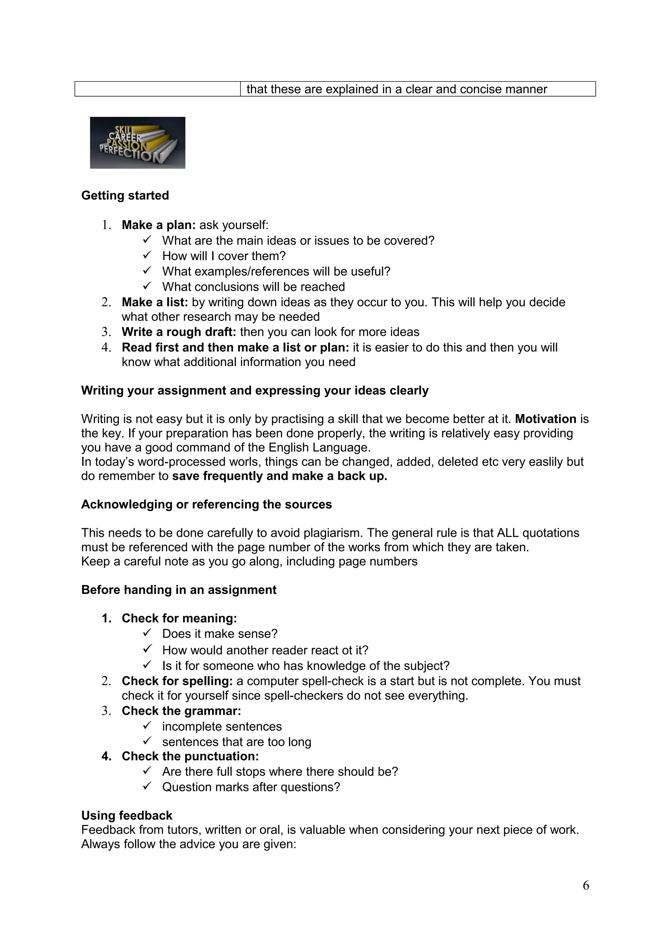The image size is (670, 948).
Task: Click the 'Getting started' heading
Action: (125, 195)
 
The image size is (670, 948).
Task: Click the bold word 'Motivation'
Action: (545, 419)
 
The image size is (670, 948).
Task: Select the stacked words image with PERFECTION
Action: (137, 143)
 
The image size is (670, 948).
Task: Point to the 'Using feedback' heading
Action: (127, 816)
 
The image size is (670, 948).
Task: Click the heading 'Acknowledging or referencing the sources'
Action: (206, 504)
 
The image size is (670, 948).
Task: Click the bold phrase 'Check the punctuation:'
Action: (190, 756)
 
